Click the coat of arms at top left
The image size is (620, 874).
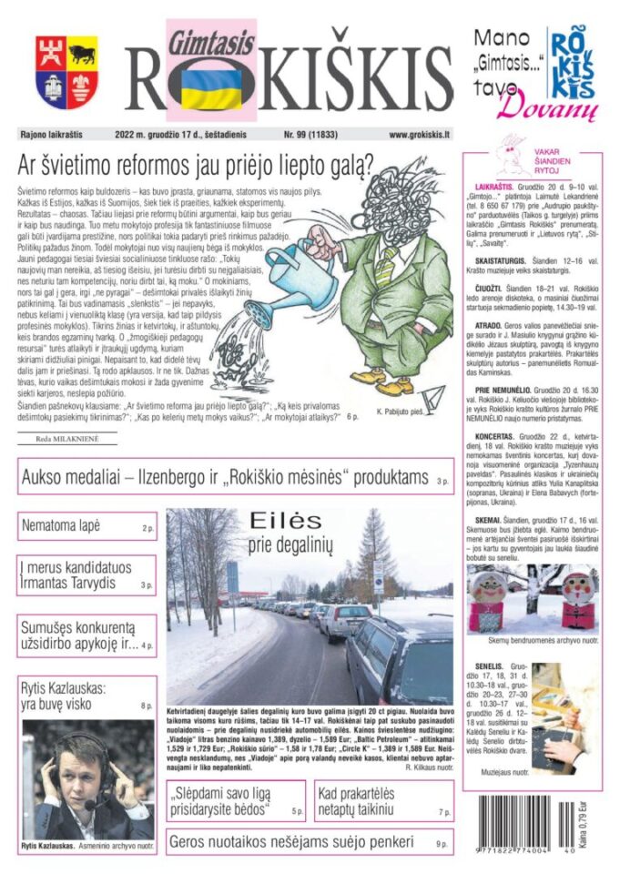click(66, 72)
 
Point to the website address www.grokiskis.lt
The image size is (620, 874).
click(420, 135)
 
